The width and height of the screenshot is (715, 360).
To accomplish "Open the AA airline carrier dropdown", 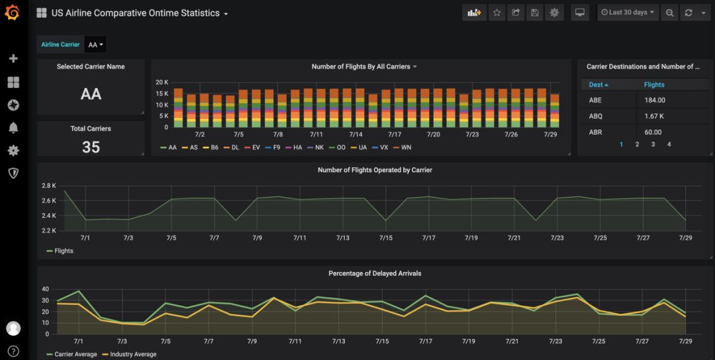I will (96, 45).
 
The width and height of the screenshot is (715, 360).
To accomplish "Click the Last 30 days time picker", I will (627, 13).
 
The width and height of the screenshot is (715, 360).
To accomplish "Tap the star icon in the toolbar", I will (497, 13).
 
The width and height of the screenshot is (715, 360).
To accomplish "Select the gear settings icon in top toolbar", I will (554, 13).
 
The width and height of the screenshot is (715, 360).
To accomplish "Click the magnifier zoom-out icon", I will (670, 13).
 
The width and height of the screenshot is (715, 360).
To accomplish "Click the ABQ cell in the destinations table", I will (596, 116).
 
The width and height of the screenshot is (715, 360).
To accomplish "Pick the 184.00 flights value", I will (655, 100).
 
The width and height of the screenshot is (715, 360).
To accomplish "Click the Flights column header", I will (654, 85).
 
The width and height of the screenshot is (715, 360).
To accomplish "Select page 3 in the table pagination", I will (653, 144).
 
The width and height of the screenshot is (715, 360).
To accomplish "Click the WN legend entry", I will (403, 148).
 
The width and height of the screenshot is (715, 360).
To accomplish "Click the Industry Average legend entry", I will (132, 354).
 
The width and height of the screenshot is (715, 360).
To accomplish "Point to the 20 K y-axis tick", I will (162, 82).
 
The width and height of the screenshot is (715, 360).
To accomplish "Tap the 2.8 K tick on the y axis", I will (49, 185).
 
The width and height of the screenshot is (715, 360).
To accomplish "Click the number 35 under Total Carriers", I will (91, 147).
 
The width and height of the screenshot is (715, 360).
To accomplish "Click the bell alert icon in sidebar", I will (13, 128).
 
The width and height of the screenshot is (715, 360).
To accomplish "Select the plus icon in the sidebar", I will (13, 59).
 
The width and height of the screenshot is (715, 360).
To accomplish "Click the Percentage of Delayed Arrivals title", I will (375, 273).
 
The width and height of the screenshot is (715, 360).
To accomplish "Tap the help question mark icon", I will (13, 351).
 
